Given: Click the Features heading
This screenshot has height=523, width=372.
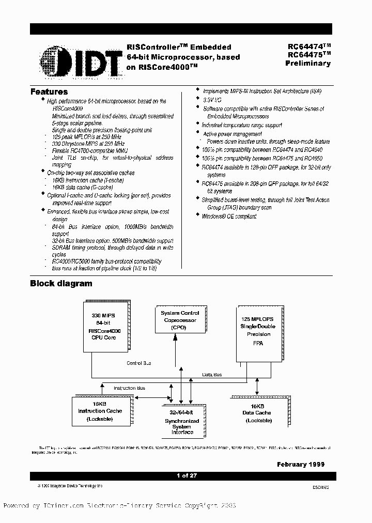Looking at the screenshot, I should point(49,92).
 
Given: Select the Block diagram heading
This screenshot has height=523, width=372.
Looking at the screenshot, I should point(61,283).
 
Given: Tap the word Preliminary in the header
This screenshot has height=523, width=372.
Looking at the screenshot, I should point(308,64).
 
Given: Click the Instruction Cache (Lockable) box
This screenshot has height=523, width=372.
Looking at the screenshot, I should point(100,411).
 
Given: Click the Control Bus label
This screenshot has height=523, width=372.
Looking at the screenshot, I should point(139,363).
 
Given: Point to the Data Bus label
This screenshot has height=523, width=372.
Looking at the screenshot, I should point(212,374).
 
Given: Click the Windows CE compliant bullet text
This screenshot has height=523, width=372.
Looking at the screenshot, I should point(229,217).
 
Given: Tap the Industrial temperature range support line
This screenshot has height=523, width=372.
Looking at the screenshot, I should point(242,125).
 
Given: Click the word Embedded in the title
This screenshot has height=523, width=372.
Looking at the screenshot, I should point(212,47).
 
